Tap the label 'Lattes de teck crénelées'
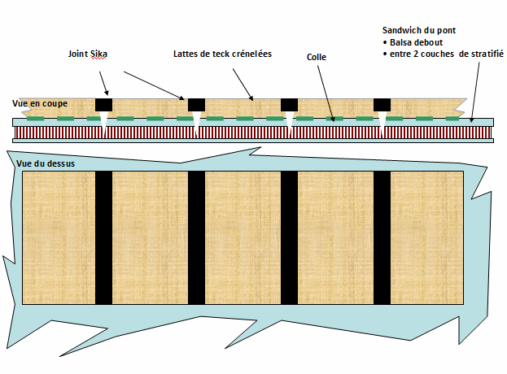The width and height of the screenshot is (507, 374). pos(222,54)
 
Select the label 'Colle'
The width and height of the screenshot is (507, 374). pos(317,58)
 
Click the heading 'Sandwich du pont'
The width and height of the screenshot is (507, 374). pos(420,29)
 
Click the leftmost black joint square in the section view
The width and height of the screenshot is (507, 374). pos(103,105)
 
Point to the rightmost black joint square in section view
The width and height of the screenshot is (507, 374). pos(382,105)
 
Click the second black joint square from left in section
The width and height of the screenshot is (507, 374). pos(196,105)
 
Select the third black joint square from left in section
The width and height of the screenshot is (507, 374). pos(289,105)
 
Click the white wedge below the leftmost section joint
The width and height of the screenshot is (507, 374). pos(104,120)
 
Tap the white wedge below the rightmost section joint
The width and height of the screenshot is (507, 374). pos(382,120)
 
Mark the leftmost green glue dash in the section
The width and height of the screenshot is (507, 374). pos(35,120)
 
